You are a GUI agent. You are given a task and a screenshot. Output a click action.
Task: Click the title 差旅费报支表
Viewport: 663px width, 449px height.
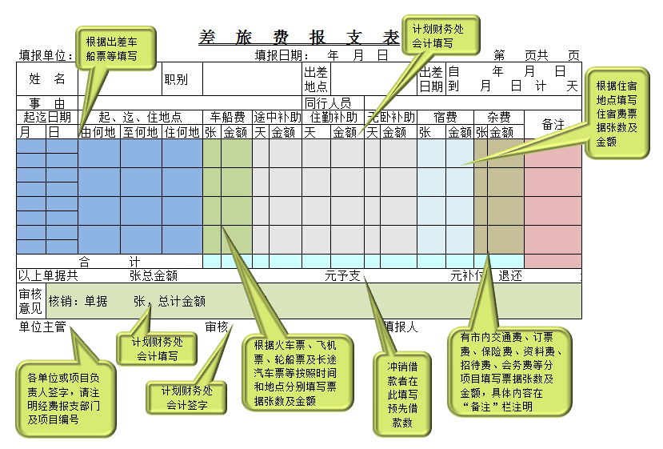pyautogui.click(x=298, y=38)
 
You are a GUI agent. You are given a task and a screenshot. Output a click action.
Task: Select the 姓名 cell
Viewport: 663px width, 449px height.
pyautogui.click(x=47, y=78)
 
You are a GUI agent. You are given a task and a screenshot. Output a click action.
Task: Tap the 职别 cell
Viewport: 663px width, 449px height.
pyautogui.click(x=176, y=79)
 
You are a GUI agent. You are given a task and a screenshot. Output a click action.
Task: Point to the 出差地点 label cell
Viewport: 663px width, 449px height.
pyautogui.click(x=316, y=79)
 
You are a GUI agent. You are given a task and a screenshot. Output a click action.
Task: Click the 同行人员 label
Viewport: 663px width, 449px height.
pyautogui.click(x=328, y=103)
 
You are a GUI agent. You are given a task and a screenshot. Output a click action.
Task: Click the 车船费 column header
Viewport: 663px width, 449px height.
pyautogui.click(x=227, y=117)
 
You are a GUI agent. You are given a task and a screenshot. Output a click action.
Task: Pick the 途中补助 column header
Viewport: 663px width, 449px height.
pyautogui.click(x=277, y=117)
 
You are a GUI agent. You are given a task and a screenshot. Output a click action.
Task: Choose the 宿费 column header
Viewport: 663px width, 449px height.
pyautogui.click(x=445, y=117)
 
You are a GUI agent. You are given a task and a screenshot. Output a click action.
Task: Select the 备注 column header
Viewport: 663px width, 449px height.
pyautogui.click(x=553, y=124)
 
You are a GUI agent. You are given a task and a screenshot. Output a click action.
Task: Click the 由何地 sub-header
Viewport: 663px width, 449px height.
pyautogui.click(x=99, y=132)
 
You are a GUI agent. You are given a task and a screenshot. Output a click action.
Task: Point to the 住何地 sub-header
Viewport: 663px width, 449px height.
pyautogui.click(x=182, y=132)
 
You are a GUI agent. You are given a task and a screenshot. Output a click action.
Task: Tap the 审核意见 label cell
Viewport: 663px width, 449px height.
pyautogui.click(x=30, y=301)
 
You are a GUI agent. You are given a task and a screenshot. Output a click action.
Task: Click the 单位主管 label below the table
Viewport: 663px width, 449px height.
pyautogui.click(x=42, y=327)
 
